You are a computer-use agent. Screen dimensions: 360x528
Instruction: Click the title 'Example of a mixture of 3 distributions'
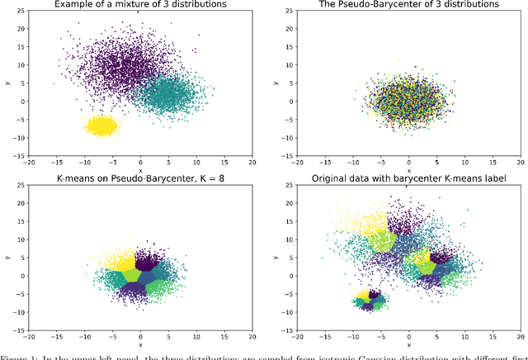pyautogui.click(x=140, y=5)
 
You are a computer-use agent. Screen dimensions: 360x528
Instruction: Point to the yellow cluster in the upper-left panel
pyautogui.click(x=101, y=126)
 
